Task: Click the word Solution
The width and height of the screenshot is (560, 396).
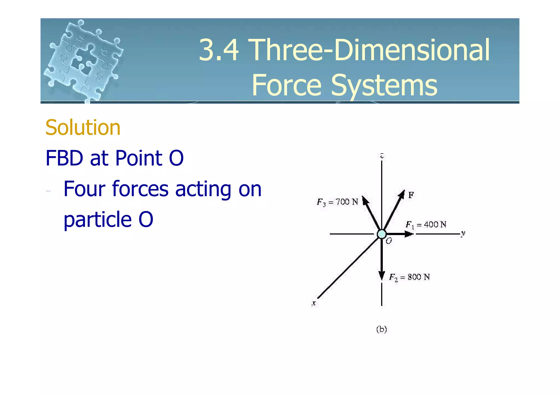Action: point(83,128)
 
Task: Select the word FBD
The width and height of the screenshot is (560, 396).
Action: point(64,158)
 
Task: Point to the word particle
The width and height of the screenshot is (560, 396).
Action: point(97,219)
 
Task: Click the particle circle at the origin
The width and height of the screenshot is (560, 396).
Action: point(381,234)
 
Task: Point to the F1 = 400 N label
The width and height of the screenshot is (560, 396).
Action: point(426,225)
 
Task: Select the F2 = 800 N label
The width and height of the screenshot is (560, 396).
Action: point(409,277)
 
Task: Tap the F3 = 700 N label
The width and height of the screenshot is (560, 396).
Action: point(337,202)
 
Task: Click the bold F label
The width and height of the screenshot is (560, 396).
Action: point(411,195)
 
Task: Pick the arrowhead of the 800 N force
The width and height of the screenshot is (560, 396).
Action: point(381,276)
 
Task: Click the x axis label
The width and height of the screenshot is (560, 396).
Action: point(314,303)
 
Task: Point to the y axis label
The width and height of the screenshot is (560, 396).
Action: point(463,233)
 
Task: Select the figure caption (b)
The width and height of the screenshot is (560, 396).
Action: point(381,329)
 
